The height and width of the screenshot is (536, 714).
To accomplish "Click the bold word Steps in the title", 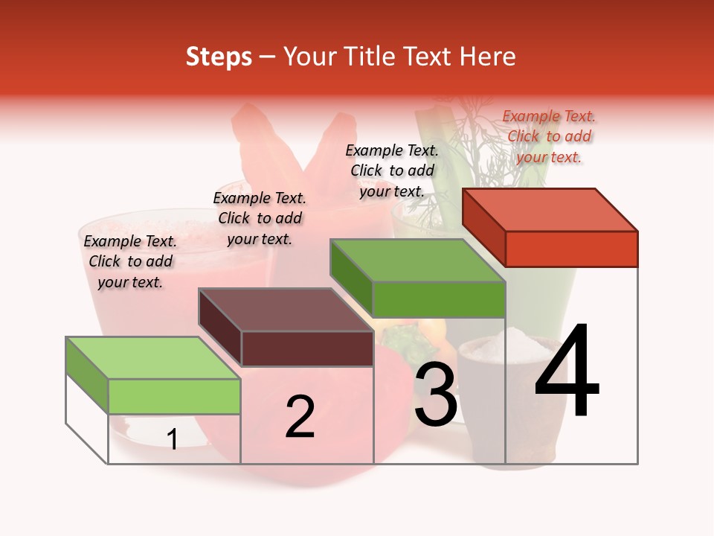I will [219, 57].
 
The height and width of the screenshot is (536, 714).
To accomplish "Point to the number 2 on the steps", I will [300, 417].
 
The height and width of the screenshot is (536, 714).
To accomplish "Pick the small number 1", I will [173, 440].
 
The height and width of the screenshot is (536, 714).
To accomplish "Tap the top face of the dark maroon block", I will [286, 309].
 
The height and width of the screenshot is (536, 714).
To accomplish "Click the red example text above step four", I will [549, 136].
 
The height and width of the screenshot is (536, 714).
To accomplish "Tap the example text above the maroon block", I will [260, 218].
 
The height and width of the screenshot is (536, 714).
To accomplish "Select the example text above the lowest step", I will [130, 261].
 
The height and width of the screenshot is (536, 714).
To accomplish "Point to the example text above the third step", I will [392, 170].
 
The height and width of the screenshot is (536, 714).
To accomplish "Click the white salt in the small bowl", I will [495, 346].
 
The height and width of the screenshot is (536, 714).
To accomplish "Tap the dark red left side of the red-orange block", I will [483, 226].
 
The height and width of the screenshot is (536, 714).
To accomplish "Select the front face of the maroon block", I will [307, 348].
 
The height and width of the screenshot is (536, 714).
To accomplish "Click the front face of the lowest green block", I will [174, 396].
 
